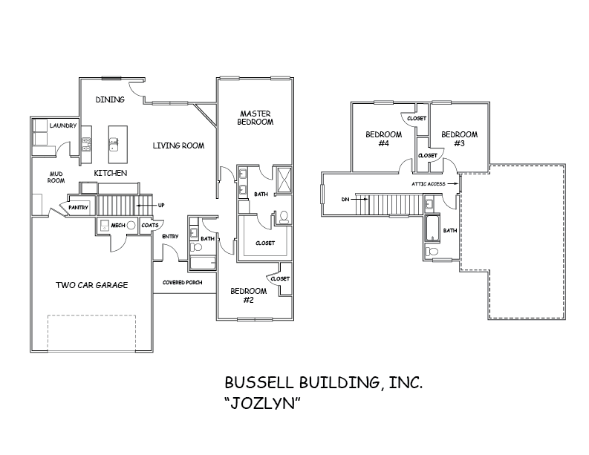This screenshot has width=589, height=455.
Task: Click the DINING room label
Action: point(110,99)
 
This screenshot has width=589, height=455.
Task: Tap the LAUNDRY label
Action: point(63,126)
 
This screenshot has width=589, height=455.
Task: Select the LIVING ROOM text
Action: point(178,146)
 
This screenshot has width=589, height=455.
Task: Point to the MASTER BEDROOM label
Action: point(255,117)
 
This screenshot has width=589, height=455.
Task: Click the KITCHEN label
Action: point(110,173)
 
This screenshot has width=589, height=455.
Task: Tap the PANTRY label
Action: point(79,207)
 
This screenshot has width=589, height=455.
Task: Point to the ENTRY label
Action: point(170,236)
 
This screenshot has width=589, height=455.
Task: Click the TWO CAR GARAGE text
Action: point(93,284)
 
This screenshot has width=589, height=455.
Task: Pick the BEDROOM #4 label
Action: point(383,139)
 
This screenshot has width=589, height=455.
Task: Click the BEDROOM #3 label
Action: point(459,139)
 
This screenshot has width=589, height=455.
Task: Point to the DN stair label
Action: point(345,199)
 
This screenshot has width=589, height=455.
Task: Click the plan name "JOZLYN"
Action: point(264,405)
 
